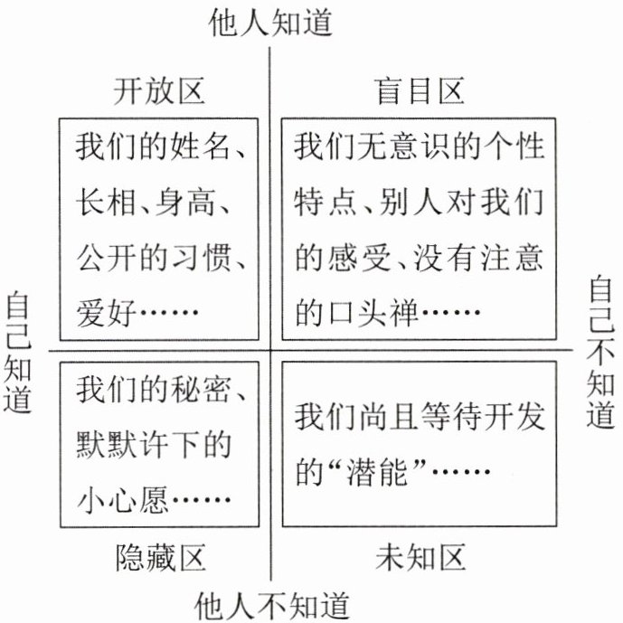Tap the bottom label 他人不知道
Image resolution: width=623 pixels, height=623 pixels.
[271, 603]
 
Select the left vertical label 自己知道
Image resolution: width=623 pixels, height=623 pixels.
[17, 352]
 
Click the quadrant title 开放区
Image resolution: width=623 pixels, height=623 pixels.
[160, 91]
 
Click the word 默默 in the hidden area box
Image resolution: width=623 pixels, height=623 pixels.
[106, 445]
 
